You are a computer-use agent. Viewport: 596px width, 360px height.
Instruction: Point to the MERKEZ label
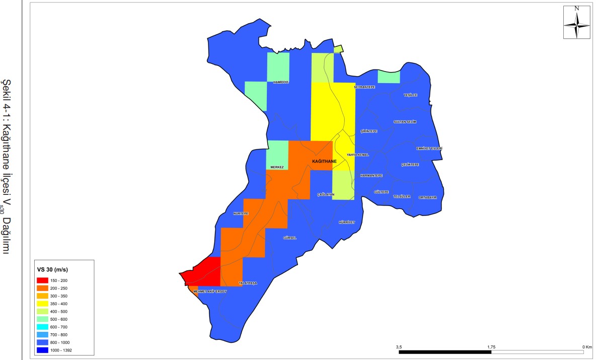pyautogui.click(x=277, y=167)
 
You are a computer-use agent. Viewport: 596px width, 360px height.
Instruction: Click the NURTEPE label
pyautogui.click(x=241, y=213)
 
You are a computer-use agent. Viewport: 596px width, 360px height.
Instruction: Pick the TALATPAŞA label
pyautogui.click(x=248, y=283)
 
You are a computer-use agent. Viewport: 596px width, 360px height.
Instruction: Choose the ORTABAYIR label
pyautogui.click(x=430, y=197)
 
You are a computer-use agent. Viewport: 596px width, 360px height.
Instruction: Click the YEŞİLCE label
pyautogui.click(x=411, y=95)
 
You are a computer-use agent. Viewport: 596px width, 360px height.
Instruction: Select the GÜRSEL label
pyautogui.click(x=290, y=238)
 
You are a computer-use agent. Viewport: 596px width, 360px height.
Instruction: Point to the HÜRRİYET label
pyautogui.click(x=347, y=222)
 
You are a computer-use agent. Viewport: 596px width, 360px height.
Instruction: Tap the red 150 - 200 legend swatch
pyautogui.click(x=42, y=280)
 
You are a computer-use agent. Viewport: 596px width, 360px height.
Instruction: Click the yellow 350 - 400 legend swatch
pyautogui.click(x=42, y=304)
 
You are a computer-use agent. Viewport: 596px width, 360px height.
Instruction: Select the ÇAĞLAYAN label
pyautogui.click(x=326, y=194)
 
